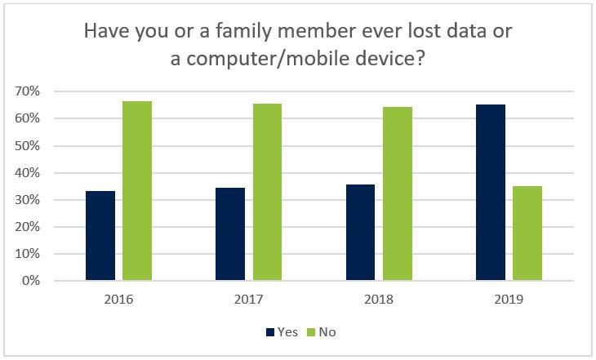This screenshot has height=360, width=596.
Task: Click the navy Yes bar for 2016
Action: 100,236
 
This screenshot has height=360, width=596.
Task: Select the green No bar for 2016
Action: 137,191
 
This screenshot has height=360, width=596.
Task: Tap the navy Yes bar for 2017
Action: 230,234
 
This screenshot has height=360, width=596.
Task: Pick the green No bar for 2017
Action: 267,193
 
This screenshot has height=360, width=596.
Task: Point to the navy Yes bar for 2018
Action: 360,233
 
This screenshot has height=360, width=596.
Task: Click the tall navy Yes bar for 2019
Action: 490,193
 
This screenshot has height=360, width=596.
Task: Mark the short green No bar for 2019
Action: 527,233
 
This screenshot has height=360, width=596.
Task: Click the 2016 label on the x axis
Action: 118,299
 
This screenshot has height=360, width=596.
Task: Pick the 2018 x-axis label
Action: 378,299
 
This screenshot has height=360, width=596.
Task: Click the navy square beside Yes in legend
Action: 270,332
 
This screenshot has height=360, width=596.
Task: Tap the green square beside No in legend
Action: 310,332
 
